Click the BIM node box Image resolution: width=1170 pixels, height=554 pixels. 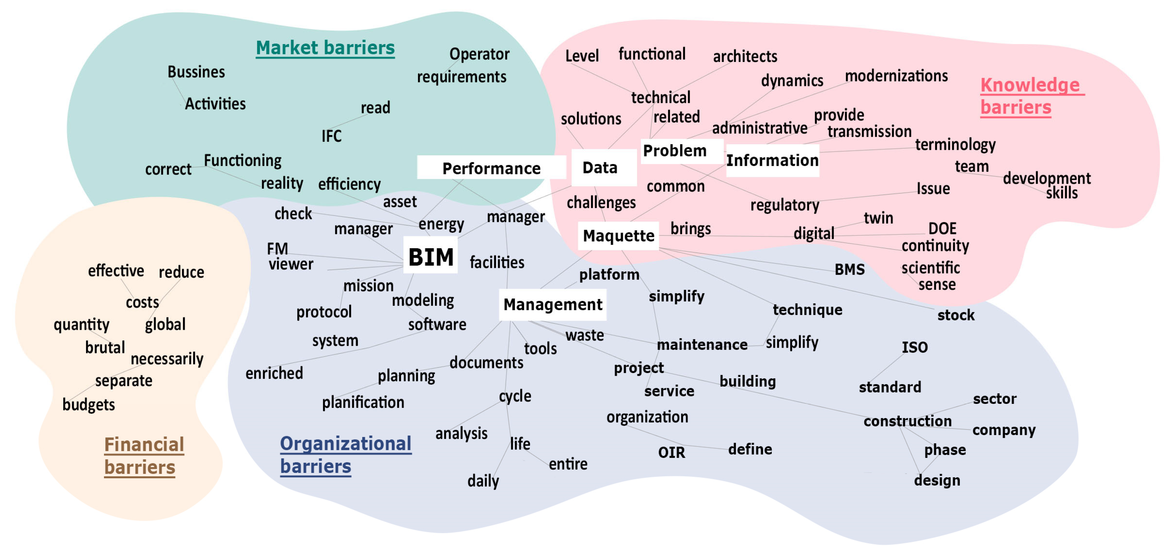coord(431,256)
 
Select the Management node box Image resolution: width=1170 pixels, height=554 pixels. coord(553,304)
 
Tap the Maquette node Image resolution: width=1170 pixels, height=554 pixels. coord(618,236)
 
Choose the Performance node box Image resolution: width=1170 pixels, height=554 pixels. coord(491,168)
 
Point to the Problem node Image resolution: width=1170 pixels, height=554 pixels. coord(675,150)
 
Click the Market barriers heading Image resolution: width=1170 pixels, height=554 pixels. coord(325,48)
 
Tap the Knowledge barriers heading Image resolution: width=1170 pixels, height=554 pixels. coord(1030,96)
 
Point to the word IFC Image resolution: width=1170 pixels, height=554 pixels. coord(331,136)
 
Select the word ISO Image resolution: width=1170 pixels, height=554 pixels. coord(914,347)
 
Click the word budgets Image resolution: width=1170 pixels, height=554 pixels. coord(89,404)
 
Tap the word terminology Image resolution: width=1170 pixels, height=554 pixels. coord(955,144)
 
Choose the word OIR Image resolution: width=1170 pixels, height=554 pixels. coord(671,452)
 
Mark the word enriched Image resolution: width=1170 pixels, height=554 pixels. coord(274,373)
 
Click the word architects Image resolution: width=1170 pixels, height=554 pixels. coord(745,56)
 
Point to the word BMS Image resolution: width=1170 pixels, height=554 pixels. coord(849,269)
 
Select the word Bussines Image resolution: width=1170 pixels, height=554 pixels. coord(196,72)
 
